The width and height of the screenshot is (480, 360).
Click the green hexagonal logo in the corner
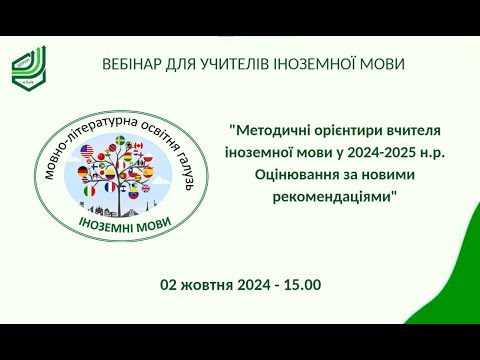coord(28,65)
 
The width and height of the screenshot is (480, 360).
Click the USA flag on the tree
coord(87,151)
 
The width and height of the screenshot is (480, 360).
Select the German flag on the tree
coord(83,172)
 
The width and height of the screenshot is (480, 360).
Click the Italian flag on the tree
coord(91,189)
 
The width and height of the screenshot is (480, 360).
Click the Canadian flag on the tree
coord(139,147)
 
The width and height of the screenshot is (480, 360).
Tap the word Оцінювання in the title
coord(281,172)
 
